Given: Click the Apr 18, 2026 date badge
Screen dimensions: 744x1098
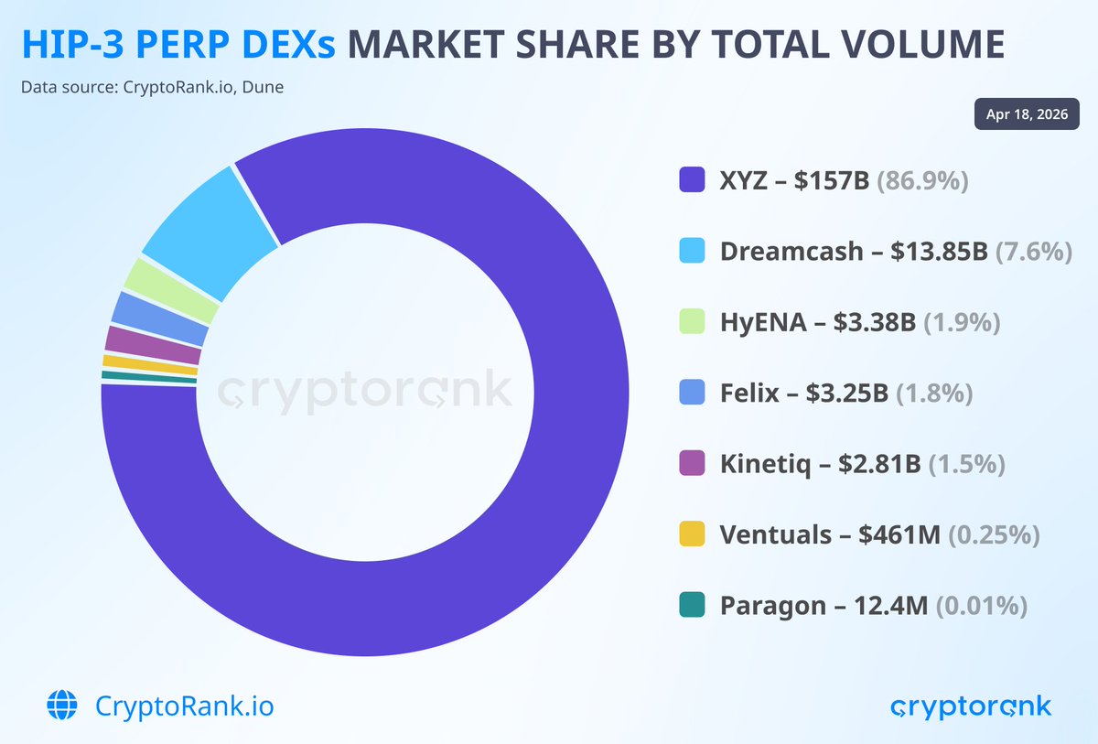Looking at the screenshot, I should click(1027, 114).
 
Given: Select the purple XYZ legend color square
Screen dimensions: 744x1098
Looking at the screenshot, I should click(693, 179).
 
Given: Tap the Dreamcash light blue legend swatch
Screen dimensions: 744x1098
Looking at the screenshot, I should click(693, 251).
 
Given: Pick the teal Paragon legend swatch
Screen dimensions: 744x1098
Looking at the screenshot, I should click(693, 605).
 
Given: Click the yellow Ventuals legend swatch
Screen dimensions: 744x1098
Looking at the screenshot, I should click(693, 534).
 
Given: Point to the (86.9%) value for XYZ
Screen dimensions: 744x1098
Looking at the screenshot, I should click(922, 180).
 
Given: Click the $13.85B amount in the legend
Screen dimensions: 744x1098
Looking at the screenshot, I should click(939, 251).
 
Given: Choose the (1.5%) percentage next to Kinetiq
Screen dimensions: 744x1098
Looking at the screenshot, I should click(966, 464).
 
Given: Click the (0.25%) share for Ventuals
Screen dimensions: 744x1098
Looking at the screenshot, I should click(994, 534).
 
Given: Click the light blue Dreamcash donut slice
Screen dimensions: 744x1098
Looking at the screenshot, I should click(209, 229).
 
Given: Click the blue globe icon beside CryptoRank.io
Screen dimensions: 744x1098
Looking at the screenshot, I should click(63, 706).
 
